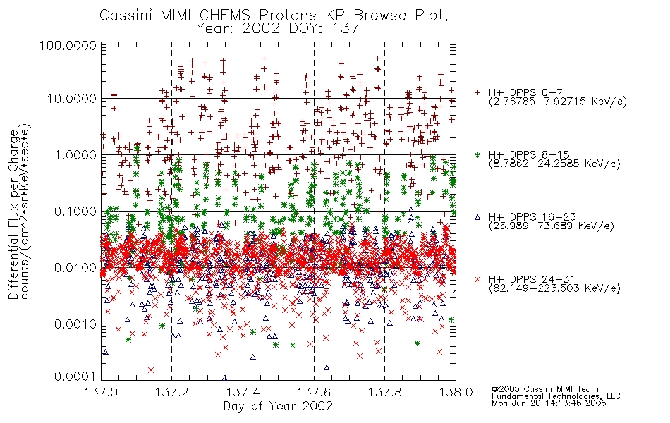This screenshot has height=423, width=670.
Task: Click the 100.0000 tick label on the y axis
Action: pyautogui.click(x=68, y=45)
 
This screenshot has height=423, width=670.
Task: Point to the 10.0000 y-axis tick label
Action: pyautogui.click(x=71, y=99)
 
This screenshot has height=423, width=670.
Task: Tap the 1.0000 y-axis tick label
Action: pyautogui.click(x=75, y=154)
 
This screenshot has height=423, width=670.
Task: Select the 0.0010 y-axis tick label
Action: pyautogui.click(x=75, y=324)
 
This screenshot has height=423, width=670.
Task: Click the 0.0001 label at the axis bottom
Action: pyautogui.click(x=75, y=376)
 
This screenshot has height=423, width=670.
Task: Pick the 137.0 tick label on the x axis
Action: pyautogui.click(x=102, y=392)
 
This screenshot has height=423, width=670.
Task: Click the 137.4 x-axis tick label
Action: pyautogui.click(x=243, y=392)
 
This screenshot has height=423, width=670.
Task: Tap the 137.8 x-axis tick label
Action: pyautogui.click(x=384, y=392)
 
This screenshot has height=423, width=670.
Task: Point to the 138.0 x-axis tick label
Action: pyautogui.click(x=456, y=392)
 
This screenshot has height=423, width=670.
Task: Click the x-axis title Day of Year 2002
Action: pyautogui.click(x=278, y=406)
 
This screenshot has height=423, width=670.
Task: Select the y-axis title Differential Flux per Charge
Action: pyautogui.click(x=13, y=214)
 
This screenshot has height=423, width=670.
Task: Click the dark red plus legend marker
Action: pyautogui.click(x=478, y=92)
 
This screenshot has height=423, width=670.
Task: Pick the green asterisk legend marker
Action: pyautogui.click(x=478, y=154)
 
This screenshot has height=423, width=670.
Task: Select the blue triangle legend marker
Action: pyautogui.click(x=478, y=217)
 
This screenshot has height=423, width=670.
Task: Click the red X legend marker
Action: pyautogui.click(x=478, y=279)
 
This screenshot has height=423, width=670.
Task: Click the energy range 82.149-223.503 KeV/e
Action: pyautogui.click(x=554, y=288)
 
